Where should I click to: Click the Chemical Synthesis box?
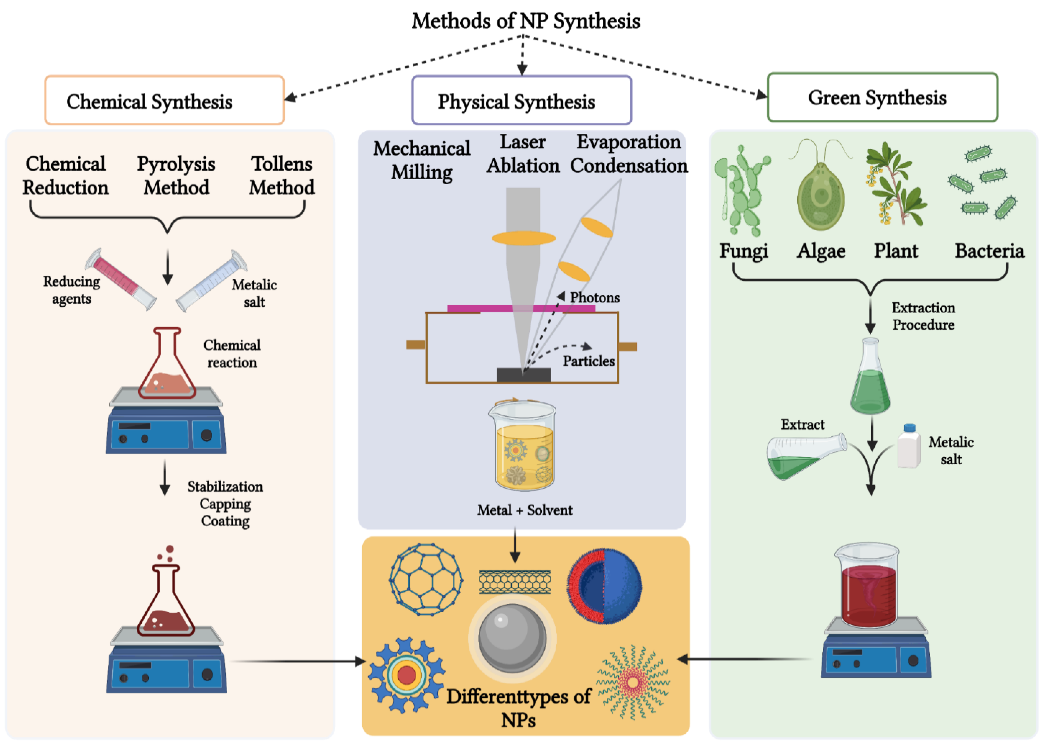[x=164, y=101]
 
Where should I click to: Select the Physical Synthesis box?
[x=522, y=101]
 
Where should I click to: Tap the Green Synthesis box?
[x=882, y=97]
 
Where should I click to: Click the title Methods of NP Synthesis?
[x=526, y=21]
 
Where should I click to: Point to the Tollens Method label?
[x=282, y=176]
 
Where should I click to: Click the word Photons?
[x=595, y=298]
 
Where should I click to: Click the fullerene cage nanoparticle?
[x=426, y=579]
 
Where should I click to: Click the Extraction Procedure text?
[x=923, y=316]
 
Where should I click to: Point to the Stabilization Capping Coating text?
[x=225, y=504]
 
